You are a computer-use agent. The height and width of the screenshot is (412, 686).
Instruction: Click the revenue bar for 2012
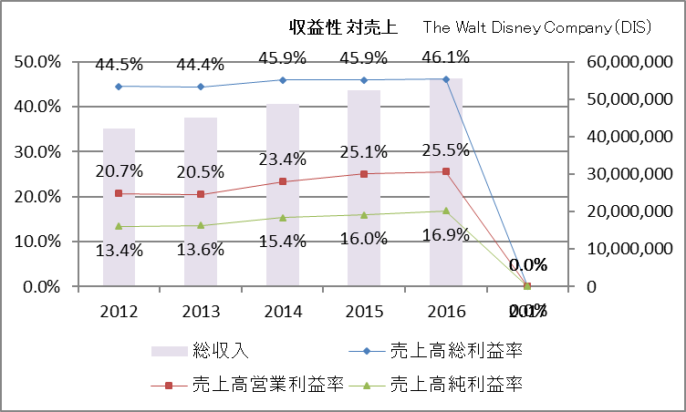point(119,219)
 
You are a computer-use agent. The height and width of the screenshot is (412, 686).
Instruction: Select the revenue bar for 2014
point(282,219)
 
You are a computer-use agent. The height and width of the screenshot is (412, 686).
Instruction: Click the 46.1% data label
point(444,57)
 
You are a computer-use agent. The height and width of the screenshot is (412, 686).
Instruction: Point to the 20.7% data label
point(119,170)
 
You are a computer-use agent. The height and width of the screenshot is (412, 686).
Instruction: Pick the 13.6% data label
point(200,251)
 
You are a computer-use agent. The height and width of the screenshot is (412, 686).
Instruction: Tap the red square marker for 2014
point(282,181)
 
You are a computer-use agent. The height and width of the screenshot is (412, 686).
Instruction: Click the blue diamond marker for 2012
point(119,87)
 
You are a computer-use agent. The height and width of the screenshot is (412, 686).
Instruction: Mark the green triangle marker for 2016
point(445,211)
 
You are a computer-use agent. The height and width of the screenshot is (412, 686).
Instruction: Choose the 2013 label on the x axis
point(201,312)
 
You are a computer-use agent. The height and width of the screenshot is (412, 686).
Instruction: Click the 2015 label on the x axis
point(363,312)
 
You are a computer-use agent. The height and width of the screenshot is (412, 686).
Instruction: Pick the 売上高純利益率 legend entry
point(456,384)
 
